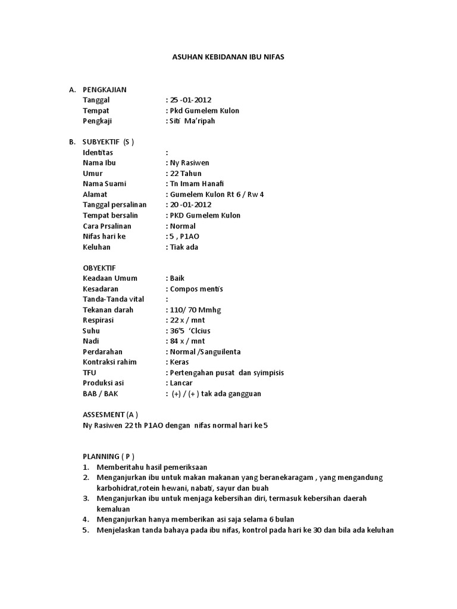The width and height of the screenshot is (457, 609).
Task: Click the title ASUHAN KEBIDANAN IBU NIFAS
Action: (228, 58)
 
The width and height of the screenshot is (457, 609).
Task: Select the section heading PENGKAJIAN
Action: (104, 90)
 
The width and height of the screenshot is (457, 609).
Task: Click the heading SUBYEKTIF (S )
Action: (108, 142)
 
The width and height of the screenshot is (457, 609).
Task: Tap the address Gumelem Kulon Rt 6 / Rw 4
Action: (217, 194)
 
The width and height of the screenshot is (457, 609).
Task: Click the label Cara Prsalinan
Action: (107, 226)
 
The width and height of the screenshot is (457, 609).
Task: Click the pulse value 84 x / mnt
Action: (187, 341)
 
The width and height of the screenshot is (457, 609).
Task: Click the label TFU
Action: (89, 372)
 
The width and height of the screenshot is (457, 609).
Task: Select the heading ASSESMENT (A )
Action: (110, 415)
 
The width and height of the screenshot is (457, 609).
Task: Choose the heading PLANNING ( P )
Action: (107, 456)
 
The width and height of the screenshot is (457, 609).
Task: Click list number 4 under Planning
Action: (86, 519)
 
